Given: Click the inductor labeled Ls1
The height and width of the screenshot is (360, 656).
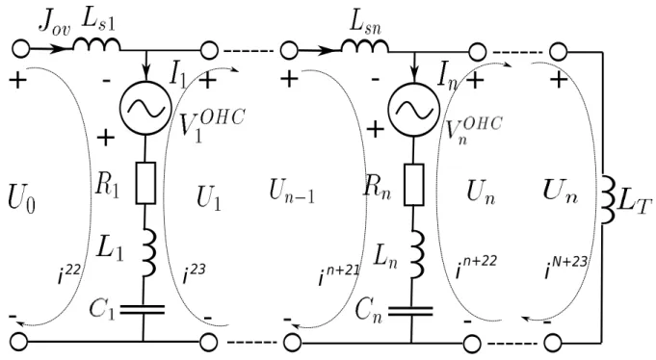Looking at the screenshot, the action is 97,44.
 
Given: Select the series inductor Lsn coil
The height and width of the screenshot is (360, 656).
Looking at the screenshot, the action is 365,46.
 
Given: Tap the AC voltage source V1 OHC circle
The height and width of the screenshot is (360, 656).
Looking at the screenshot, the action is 145,109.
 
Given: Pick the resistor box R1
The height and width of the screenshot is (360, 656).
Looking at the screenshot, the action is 145,183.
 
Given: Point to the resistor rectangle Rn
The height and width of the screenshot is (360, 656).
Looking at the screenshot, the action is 414,185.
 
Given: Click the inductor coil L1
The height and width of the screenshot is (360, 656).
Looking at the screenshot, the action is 148,252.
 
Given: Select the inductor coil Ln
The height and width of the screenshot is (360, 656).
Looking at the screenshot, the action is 416,253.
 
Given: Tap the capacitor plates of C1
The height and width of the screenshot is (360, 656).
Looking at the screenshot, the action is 143,310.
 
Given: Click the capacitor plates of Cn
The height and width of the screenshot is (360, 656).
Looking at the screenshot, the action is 410,311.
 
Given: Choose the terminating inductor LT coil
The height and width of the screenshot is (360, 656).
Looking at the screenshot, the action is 608,201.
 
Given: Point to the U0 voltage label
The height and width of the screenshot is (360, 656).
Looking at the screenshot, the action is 21,199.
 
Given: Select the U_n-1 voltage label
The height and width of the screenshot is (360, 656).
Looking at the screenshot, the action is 292,193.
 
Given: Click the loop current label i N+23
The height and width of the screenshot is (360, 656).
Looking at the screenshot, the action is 565,267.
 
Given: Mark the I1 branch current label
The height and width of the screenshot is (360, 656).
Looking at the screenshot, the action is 178,77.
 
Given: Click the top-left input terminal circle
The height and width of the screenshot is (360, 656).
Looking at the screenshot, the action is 20,49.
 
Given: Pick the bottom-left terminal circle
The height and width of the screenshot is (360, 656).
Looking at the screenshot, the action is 19,342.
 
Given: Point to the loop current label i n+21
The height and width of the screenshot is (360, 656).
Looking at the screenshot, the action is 339,274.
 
